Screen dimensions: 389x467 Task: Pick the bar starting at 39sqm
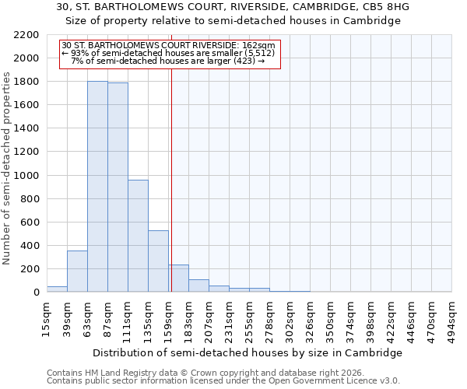(77, 272)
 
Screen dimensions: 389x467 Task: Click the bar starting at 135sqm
(158, 261)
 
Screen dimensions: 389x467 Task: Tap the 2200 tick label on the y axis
(26, 35)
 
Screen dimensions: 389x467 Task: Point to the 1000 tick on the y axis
(26, 176)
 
